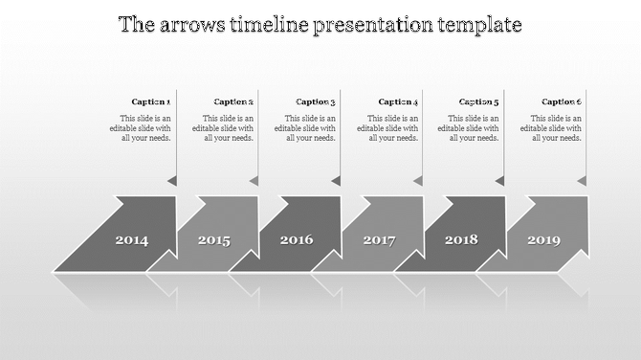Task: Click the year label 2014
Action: (132, 240)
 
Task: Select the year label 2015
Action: (214, 240)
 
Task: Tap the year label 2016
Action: (297, 239)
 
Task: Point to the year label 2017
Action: (379, 240)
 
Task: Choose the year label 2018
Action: (461, 239)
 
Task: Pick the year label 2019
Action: (543, 240)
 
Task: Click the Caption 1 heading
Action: (151, 101)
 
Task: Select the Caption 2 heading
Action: (233, 101)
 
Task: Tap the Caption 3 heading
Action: (316, 101)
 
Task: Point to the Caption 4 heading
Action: (398, 101)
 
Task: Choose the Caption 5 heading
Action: (479, 101)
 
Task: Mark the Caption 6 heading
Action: (562, 101)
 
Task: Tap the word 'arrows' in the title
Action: (190, 25)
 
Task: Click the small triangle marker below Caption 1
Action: (172, 180)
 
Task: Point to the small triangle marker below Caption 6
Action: (582, 180)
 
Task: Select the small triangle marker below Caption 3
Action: (337, 180)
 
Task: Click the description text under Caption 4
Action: (388, 127)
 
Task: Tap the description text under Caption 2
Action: (223, 127)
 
